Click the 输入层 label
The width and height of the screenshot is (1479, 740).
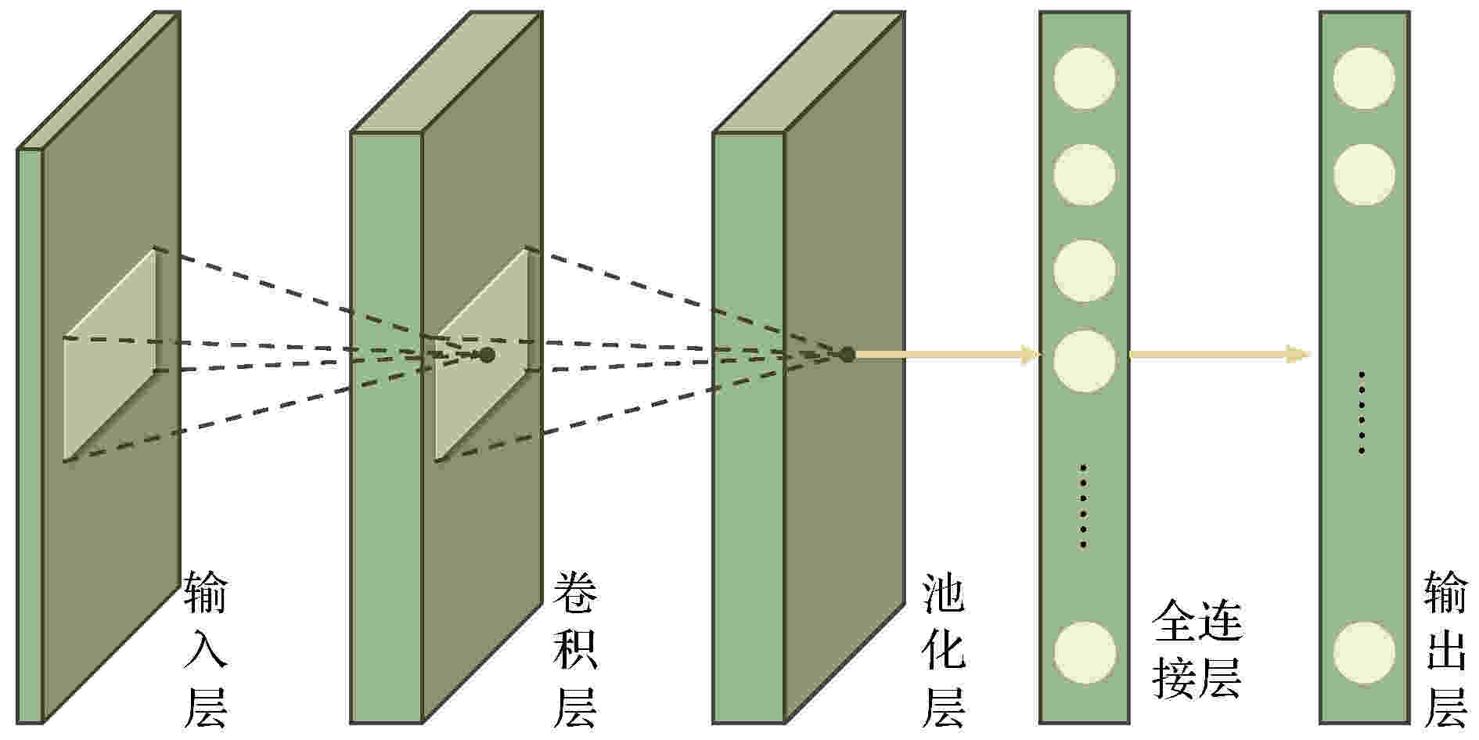click(206, 649)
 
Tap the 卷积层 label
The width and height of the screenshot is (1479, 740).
click(576, 649)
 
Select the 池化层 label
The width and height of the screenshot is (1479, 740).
click(945, 649)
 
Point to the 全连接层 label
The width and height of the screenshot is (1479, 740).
click(1197, 649)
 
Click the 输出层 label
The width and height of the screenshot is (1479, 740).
click(1445, 649)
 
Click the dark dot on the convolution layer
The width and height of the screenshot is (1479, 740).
click(488, 355)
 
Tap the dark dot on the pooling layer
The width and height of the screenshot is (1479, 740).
click(847, 355)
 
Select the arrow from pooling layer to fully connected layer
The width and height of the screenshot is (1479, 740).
click(948, 355)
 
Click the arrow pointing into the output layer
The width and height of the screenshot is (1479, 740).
click(1220, 355)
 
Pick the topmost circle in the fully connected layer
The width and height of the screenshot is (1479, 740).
click(1085, 78)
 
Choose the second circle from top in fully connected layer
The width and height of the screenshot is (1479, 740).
click(1085, 175)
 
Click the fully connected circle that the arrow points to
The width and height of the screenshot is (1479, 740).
click(1085, 361)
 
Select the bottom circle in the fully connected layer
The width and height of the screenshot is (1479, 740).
click(1085, 652)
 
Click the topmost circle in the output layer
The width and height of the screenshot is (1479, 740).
click(1364, 78)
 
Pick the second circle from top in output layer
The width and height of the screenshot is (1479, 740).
click(1364, 175)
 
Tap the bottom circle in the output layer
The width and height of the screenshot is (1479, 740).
click(1364, 652)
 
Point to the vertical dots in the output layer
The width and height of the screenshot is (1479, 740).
click(1362, 413)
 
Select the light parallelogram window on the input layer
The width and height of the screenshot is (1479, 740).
click(110, 355)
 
